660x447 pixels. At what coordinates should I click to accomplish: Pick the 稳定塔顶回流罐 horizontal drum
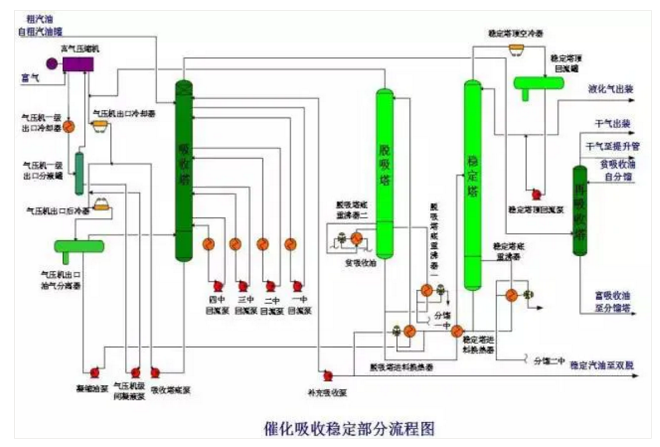click(538, 83)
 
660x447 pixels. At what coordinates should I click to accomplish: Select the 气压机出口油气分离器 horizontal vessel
click(79, 245)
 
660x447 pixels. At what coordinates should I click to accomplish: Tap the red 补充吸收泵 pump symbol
click(328, 376)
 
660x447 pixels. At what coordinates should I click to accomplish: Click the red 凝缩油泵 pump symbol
click(95, 372)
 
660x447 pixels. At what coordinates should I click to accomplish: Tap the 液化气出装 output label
click(610, 88)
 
